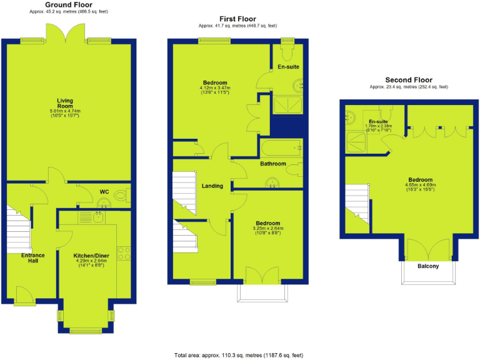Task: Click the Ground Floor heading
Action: pos(69,4)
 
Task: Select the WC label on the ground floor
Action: pos(104,191)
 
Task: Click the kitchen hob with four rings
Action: pos(124,253)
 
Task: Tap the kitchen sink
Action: pos(98,217)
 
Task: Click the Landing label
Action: pos(213,186)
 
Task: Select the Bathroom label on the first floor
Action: pos(273,164)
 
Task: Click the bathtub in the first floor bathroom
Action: pos(281,149)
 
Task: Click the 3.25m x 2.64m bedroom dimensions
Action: pos(268,229)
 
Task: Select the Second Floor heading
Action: pos(409,80)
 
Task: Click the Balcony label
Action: pos(428,267)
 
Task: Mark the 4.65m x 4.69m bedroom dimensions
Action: pos(418,185)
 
